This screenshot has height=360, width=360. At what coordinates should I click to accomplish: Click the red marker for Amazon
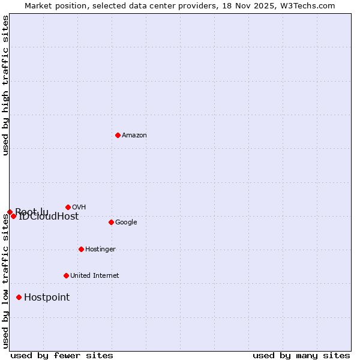[x=118, y=135]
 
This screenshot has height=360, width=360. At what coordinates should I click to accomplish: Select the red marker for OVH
[x=68, y=207]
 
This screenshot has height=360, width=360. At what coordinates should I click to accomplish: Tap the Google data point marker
[x=111, y=222]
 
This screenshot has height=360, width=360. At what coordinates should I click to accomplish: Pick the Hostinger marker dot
[x=81, y=249]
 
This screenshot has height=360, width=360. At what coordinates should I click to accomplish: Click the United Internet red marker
[x=66, y=275]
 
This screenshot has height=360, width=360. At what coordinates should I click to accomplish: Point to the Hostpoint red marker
[x=19, y=297]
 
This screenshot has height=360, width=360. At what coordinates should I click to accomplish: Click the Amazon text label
[x=134, y=136]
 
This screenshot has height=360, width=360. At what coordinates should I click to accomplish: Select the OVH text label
[x=79, y=207]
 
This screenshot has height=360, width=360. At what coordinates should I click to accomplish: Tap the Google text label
[x=126, y=223]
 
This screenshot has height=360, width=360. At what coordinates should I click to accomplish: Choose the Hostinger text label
[x=100, y=250]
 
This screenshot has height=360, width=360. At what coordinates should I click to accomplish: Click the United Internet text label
[x=95, y=276]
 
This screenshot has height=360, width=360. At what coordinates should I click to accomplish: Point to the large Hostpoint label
[x=47, y=298]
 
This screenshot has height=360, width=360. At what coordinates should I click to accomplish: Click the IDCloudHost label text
[x=49, y=217]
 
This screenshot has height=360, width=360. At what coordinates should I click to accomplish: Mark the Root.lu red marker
[x=10, y=212]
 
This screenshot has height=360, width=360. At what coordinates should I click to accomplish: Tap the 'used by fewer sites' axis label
[x=62, y=355]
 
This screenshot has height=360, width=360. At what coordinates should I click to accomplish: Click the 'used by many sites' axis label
[x=301, y=355]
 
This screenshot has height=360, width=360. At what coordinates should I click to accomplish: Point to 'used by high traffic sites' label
[x=6, y=85]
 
